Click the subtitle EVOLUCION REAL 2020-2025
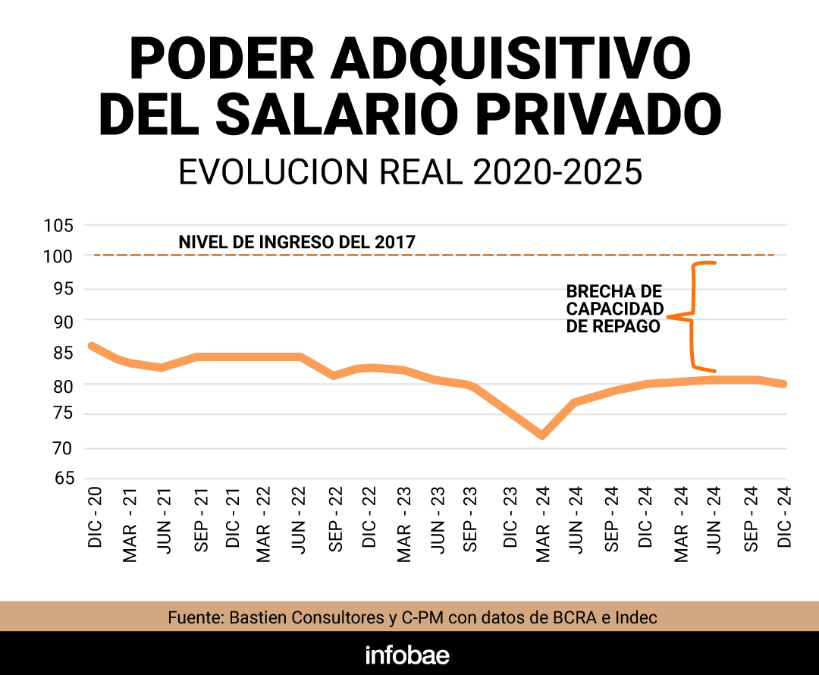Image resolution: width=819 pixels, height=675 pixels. click(x=410, y=173)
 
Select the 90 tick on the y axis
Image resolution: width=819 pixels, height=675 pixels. click(x=63, y=322)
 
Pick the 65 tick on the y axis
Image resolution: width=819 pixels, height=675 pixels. click(x=63, y=479)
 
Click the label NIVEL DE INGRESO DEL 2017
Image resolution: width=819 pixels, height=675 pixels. click(x=297, y=243)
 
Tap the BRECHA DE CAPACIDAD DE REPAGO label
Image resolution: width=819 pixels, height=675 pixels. click(x=614, y=309)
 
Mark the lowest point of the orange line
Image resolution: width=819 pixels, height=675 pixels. click(x=542, y=435)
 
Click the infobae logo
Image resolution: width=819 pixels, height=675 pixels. click(x=407, y=655)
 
